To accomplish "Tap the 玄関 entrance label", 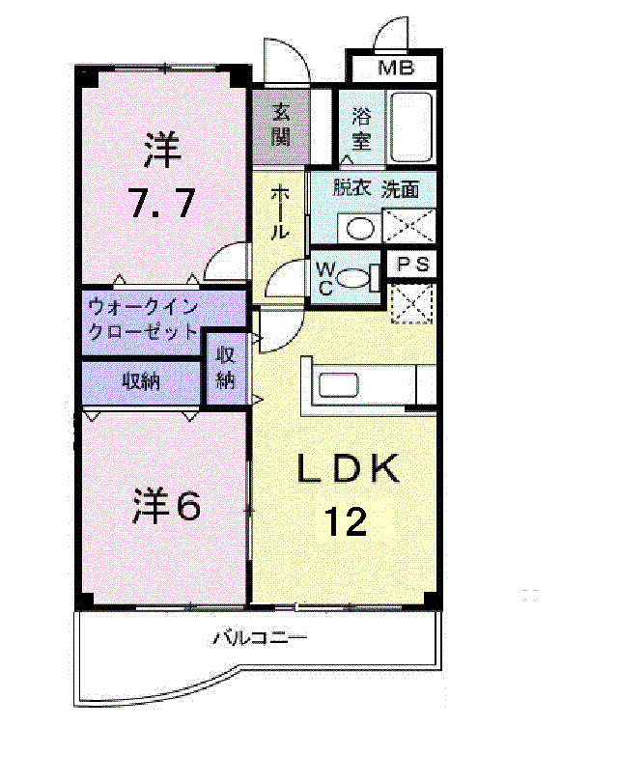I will pos(281,125).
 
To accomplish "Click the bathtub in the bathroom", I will pos(411,126).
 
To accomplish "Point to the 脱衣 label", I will pos(351,188).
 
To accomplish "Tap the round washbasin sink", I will pos(361,229).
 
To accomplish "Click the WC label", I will pos(323,279).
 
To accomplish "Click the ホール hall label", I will pos(279,213).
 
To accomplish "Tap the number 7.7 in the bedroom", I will pos(162,203).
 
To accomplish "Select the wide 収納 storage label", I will pos(141,381).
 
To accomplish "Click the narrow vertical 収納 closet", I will pos(226,368).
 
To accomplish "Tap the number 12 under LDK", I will pos(345,522).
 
